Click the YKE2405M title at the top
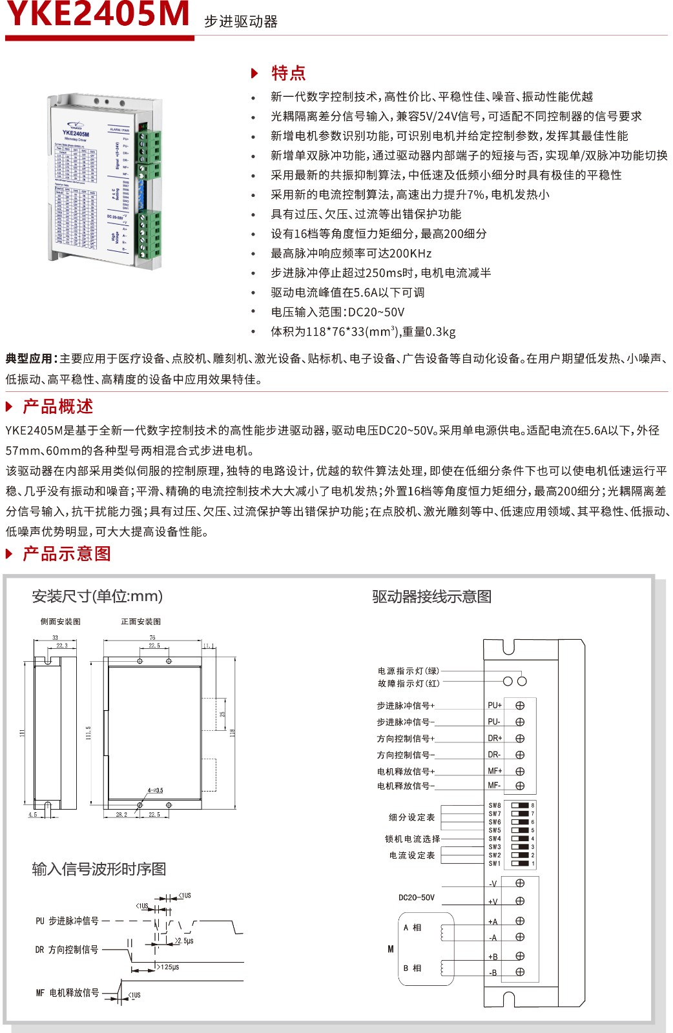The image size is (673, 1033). click(98, 14)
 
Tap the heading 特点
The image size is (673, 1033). click(288, 73)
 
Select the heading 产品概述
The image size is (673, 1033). click(57, 407)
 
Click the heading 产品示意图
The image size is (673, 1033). click(67, 554)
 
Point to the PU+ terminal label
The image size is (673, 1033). click(494, 706)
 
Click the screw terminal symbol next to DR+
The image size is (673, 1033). click(520, 739)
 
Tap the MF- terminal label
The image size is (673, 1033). click(494, 786)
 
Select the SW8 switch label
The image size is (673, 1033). click(495, 806)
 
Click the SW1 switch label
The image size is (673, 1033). click(495, 863)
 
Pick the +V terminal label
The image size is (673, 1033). click(493, 902)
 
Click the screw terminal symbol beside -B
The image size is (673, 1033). click(520, 972)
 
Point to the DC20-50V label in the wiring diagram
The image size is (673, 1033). click(417, 897)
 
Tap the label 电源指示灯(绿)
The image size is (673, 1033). click(408, 671)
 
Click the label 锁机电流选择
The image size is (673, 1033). click(412, 839)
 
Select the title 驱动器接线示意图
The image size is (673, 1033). click(431, 597)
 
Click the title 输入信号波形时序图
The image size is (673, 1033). click(99, 869)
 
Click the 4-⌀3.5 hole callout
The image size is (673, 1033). click(155, 790)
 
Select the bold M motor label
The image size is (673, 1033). click(391, 949)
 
